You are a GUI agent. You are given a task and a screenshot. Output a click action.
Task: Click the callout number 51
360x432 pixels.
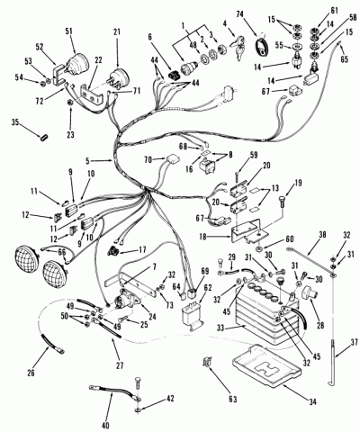[69, 31]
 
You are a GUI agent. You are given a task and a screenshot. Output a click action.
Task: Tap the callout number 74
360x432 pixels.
[240, 13]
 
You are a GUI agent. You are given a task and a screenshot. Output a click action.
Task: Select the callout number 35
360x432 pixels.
[15, 122]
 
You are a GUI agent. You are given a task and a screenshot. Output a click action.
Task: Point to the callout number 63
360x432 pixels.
[232, 399]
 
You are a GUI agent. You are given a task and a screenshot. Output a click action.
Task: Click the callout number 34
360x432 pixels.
[312, 401]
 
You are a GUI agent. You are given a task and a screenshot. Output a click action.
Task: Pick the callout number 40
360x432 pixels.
[105, 425]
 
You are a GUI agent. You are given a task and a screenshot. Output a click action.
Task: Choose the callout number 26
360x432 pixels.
[31, 373]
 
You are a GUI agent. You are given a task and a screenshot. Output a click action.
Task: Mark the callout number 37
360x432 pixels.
[355, 342]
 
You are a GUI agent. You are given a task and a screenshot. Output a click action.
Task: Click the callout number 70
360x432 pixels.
[148, 160]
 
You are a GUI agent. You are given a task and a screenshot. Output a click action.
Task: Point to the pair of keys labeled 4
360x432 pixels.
[238, 48]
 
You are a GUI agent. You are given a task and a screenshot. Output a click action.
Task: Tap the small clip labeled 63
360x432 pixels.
[207, 362]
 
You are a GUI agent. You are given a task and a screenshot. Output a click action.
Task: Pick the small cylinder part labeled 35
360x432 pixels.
[43, 139]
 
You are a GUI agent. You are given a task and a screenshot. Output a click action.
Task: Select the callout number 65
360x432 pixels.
[344, 59]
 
